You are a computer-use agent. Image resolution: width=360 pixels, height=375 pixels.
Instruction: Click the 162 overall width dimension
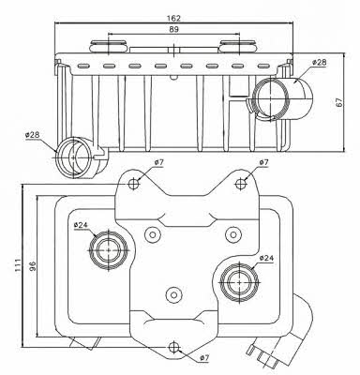[174, 18]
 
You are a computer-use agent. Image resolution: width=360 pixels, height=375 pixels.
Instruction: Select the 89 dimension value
[174, 29]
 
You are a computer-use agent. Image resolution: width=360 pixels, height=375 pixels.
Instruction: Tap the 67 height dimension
[339, 102]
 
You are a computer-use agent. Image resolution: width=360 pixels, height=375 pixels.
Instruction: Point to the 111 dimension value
[18, 264]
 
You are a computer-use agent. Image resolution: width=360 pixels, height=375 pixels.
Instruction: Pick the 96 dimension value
[33, 265]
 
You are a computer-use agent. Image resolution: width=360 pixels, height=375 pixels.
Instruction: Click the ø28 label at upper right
[319, 62]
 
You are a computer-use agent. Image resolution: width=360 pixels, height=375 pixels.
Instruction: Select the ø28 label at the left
[32, 135]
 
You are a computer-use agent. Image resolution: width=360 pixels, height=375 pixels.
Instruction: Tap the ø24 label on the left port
[82, 225]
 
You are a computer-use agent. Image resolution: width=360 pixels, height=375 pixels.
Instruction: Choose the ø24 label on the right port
[266, 258]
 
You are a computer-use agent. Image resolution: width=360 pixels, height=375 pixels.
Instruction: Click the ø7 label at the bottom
[203, 358]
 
